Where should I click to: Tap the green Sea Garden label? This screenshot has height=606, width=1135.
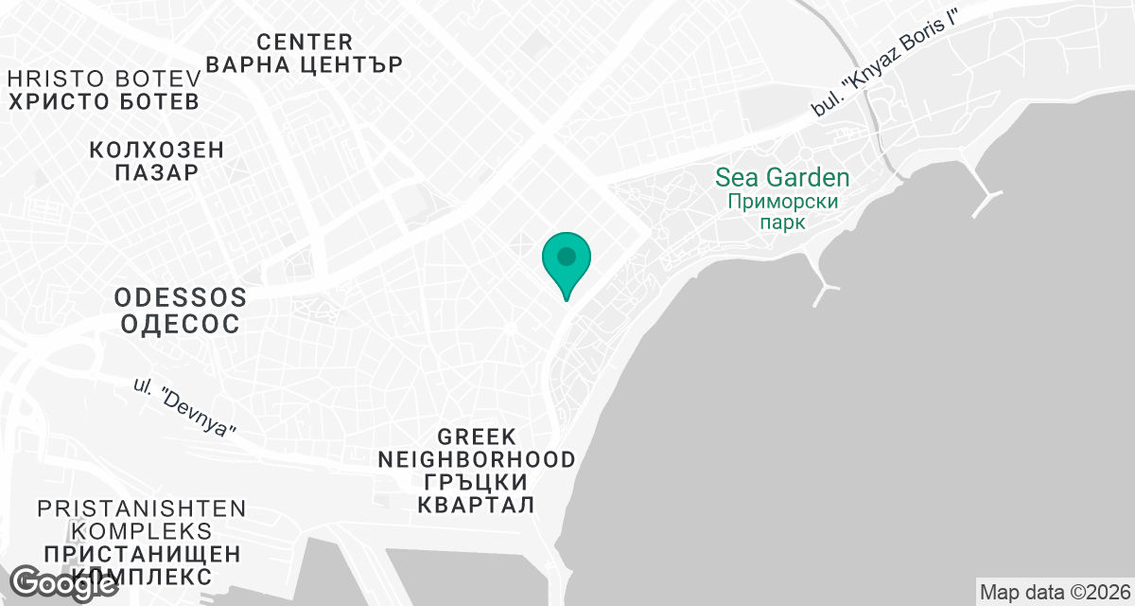[x=781, y=177]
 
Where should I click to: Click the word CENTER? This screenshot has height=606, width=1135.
[x=305, y=42]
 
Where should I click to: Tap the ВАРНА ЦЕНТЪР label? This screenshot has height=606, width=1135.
[x=305, y=65]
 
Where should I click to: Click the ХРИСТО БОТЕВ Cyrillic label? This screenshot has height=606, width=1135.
[x=104, y=101]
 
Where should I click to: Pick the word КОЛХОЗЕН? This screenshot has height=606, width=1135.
[x=157, y=150]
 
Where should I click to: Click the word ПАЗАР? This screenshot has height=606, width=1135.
[x=157, y=173]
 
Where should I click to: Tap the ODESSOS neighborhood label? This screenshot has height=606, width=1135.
[x=181, y=297]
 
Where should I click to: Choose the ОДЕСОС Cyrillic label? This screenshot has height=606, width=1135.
[x=181, y=323]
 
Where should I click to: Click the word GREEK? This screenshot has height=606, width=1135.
[x=477, y=437]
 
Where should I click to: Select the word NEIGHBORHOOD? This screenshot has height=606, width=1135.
[x=477, y=460]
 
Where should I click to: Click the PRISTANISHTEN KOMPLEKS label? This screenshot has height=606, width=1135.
[x=142, y=520]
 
